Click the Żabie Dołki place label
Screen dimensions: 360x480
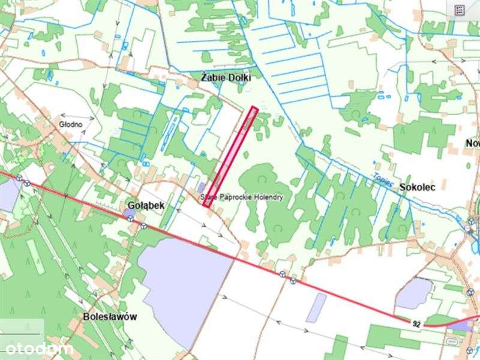[x=226, y=78]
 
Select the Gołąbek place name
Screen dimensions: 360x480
[x=146, y=205]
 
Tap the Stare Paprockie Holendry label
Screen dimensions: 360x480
[x=241, y=197]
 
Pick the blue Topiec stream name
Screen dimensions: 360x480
[x=382, y=179]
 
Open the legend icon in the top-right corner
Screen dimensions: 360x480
[x=460, y=10]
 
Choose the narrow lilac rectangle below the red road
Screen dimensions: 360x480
[x=316, y=307]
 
